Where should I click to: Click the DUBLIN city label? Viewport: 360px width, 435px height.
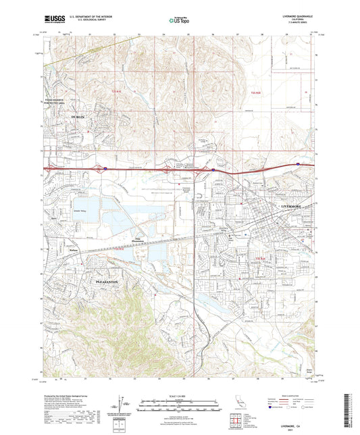pyautogui.click(x=79, y=117)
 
